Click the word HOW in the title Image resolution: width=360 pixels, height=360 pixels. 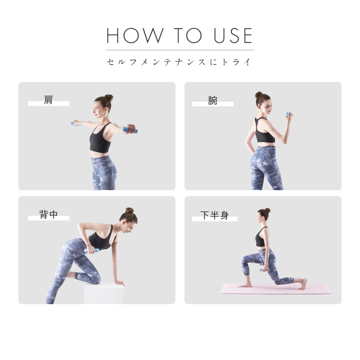pos(135,36)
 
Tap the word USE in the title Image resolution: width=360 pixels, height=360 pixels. pos(233,36)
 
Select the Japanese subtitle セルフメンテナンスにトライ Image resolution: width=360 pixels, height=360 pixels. pos(179,62)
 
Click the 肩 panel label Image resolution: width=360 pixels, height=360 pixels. pos(48,100)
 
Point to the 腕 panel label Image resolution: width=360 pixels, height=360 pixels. pos(213,101)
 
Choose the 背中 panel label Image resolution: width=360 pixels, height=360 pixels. pos(48,215)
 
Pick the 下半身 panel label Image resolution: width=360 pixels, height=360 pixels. pos(215,215)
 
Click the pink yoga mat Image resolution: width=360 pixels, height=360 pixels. pos(276,288)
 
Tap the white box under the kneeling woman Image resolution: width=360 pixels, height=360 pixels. pos(104,294)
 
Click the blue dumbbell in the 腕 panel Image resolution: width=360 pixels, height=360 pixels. pos(288,114)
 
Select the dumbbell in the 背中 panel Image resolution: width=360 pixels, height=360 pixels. pos(91,251)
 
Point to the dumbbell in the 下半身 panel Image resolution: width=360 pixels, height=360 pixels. pos(264,269)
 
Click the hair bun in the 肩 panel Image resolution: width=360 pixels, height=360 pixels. pos(109,97)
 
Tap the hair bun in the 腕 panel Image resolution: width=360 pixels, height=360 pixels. pos(258,95)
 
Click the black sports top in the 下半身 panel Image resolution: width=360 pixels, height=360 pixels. pos(261,238)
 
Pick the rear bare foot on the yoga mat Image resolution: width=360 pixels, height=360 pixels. pos(304,284)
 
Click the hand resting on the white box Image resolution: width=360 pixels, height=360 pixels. pos(120,283)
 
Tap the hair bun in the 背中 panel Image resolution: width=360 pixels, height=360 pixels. pos(130,210)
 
